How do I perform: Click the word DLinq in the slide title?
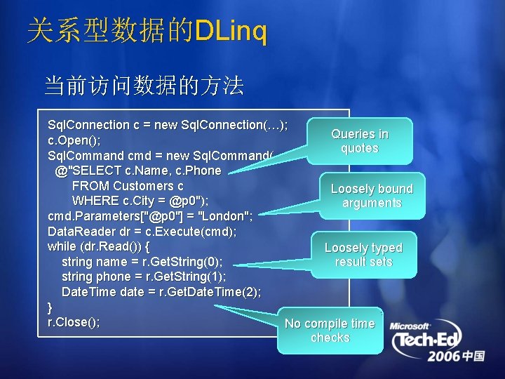(x=231, y=32)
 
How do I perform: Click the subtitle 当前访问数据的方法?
(x=144, y=86)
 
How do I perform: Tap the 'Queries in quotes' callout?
(x=360, y=141)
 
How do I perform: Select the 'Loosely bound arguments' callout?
(x=372, y=196)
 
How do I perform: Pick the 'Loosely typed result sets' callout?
(x=363, y=255)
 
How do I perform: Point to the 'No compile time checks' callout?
(x=330, y=331)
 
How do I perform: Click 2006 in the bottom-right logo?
(x=444, y=357)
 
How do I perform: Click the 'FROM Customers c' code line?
(x=128, y=186)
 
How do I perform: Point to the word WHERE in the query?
(x=93, y=201)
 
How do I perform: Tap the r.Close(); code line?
(x=74, y=322)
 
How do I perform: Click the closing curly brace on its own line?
(x=50, y=307)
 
